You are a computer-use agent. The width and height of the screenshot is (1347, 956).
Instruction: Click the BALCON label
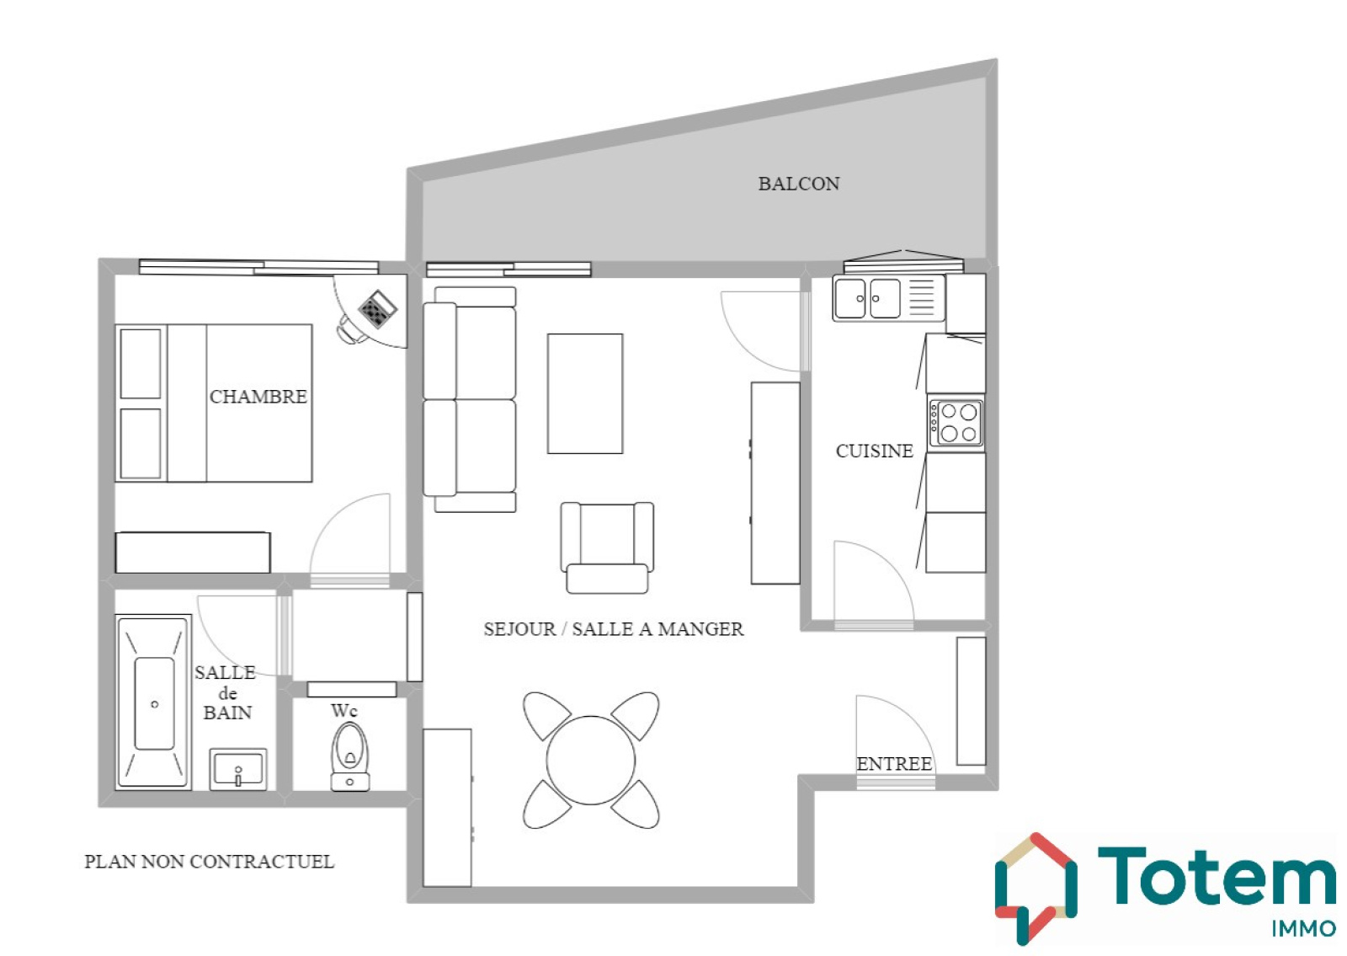click(x=799, y=184)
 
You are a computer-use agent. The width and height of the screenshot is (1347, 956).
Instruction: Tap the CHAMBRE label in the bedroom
click(x=258, y=397)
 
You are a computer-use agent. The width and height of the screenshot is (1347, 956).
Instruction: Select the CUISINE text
click(x=875, y=451)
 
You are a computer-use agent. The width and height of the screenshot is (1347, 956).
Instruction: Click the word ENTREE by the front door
click(x=894, y=763)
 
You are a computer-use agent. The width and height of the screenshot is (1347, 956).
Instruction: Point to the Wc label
click(x=344, y=711)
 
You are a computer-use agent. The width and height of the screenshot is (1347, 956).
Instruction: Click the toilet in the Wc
click(x=350, y=756)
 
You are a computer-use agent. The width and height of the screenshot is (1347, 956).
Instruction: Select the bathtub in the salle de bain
click(x=154, y=702)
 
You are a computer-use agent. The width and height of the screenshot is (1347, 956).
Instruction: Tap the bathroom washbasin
click(x=238, y=769)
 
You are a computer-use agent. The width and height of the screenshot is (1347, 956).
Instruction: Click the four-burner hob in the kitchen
click(x=956, y=423)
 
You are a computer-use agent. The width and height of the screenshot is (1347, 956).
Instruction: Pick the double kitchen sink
click(x=889, y=298)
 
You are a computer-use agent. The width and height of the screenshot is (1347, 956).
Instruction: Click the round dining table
click(x=590, y=760)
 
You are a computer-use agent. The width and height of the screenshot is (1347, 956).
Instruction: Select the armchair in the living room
click(x=607, y=547)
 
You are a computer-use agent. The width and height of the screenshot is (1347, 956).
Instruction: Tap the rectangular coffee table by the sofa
click(x=585, y=393)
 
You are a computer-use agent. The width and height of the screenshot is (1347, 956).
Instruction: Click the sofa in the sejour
click(x=470, y=399)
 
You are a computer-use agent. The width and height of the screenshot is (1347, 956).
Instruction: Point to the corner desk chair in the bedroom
click(x=349, y=329)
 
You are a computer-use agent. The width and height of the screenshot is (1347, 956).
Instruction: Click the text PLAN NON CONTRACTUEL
click(x=210, y=862)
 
